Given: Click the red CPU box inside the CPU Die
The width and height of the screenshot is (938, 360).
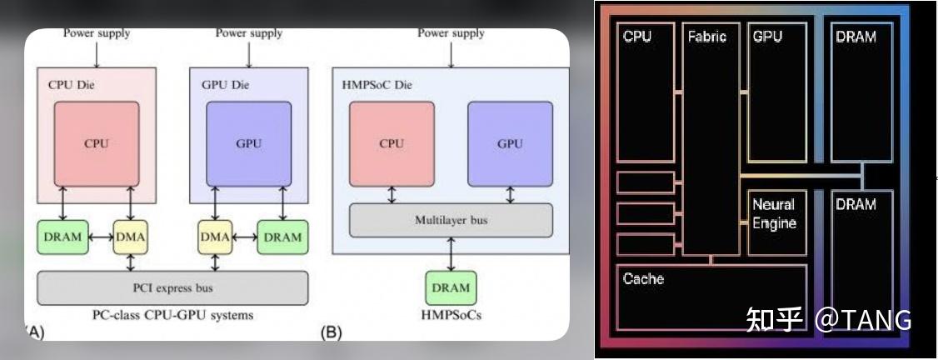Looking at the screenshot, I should [x=96, y=143].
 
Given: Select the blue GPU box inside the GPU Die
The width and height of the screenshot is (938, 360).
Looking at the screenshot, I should [x=249, y=143].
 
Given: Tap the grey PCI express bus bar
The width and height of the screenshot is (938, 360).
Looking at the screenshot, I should [x=172, y=288].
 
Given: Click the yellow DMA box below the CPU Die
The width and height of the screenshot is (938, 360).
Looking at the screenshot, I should [x=130, y=237].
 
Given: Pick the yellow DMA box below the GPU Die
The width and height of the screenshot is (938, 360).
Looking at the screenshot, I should [x=215, y=237].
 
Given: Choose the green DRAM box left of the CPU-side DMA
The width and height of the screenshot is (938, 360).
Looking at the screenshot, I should [x=62, y=237].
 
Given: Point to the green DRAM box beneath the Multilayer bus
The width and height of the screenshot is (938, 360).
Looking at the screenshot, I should [x=451, y=288].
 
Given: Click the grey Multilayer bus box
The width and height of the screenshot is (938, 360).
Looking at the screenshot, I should [x=451, y=220].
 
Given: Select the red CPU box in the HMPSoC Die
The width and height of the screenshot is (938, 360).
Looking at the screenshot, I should [x=392, y=143].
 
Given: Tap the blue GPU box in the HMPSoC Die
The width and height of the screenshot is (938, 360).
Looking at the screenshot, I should [x=510, y=143].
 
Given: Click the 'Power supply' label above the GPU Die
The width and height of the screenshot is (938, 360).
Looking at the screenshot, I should [x=249, y=33].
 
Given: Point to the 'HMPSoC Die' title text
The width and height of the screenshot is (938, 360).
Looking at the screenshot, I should [x=377, y=85].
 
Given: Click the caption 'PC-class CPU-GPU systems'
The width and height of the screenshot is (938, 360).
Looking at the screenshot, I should [x=172, y=316].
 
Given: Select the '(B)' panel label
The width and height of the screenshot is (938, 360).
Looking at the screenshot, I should [x=332, y=332].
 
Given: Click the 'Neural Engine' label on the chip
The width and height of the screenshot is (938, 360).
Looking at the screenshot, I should [x=774, y=213].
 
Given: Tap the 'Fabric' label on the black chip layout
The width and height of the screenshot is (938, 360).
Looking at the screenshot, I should [x=706, y=37].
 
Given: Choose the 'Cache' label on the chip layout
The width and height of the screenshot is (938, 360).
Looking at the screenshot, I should [x=643, y=278].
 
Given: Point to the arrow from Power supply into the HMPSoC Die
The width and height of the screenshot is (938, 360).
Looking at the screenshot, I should [x=451, y=53].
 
